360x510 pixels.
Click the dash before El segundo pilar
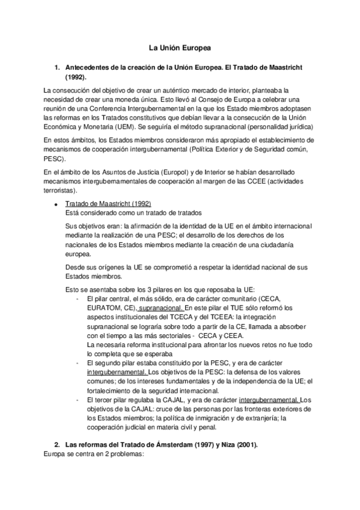tap(78, 363)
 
